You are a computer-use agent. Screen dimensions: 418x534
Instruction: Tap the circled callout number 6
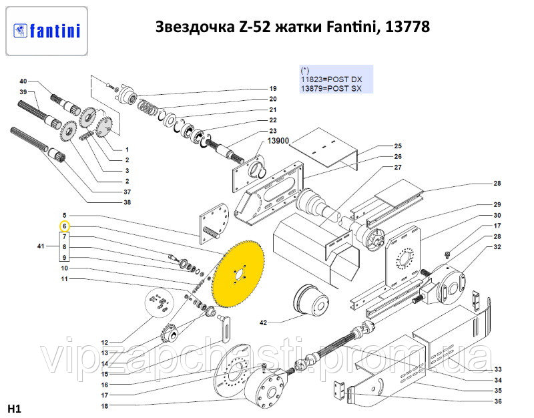tap(65, 226)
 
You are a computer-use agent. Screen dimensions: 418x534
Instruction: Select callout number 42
tap(262, 323)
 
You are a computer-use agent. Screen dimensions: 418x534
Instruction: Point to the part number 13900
tap(278, 142)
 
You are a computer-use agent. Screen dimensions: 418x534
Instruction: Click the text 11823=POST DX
tap(331, 79)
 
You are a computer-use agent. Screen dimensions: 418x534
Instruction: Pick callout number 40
tap(23, 81)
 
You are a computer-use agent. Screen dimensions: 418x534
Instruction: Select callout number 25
tap(398, 146)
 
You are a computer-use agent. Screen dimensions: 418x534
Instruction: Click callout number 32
tap(497, 247)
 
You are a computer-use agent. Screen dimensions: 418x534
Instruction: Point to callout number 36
tap(497, 401)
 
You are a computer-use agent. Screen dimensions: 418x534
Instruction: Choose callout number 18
tap(104, 406)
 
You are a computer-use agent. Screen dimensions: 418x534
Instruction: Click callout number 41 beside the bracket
tap(41, 246)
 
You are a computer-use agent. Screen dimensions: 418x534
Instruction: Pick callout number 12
tap(104, 343)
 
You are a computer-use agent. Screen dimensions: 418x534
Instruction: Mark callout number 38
tap(127, 202)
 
